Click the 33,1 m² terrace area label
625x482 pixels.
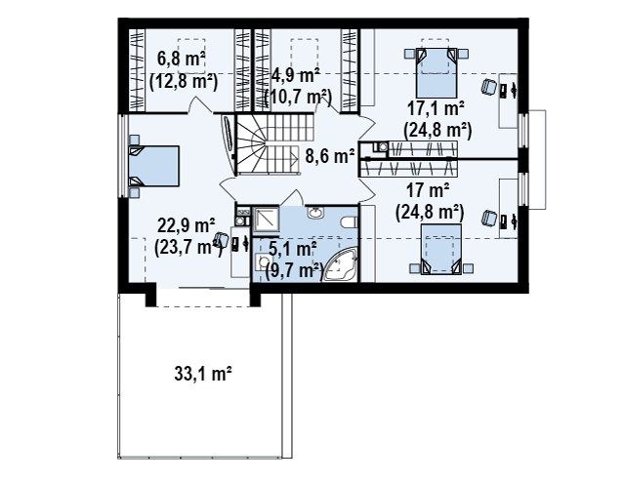tap(203, 374)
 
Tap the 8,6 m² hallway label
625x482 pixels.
tap(330, 156)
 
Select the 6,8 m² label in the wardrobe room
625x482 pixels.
tap(182, 60)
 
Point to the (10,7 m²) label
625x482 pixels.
tap(298, 97)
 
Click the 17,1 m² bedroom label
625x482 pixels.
tap(436, 108)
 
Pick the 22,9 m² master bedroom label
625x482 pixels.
tap(187, 226)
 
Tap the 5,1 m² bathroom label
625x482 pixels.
tap(293, 250)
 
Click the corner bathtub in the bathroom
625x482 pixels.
tap(340, 264)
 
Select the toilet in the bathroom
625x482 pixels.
tap(350, 221)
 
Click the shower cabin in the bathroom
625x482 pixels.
tap(267, 220)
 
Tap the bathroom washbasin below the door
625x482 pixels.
tap(316, 213)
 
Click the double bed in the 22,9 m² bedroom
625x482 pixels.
tap(154, 166)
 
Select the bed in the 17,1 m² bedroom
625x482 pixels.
tap(437, 73)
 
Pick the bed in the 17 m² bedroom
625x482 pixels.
tap(441, 249)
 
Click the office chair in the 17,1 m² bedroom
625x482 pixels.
tap(488, 87)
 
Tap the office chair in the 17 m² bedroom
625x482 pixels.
tap(488, 219)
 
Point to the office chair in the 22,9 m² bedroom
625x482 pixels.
tap(221, 240)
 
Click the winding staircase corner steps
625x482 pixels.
tap(251, 144)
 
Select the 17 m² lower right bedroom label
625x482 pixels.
tap(428, 191)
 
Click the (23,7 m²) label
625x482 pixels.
tap(188, 248)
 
